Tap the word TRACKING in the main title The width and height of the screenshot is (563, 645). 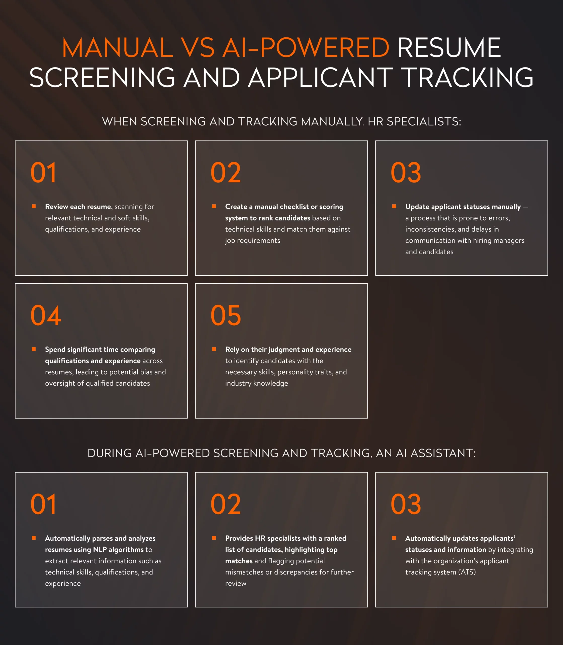468,77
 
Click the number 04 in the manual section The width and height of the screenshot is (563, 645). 46,315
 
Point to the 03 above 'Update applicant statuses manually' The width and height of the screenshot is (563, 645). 406,173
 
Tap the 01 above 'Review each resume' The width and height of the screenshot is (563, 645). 43,173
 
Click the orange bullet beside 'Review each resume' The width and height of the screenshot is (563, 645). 34,206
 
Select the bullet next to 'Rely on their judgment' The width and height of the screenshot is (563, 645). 214,349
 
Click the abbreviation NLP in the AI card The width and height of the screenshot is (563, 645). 100,550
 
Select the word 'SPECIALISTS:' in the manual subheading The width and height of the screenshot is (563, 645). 424,121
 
